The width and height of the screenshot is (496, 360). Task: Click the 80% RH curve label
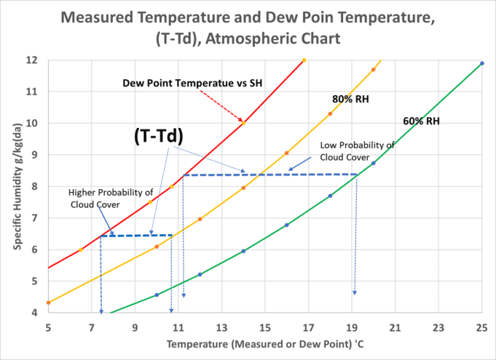pyautogui.click(x=350, y=99)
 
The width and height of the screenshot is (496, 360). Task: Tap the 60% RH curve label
pyautogui.click(x=421, y=121)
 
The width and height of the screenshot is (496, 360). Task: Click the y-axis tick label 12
pyautogui.click(x=32, y=60)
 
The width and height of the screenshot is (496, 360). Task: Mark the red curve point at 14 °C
pyautogui.click(x=243, y=123)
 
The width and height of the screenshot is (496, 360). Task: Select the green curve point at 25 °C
pyautogui.click(x=482, y=63)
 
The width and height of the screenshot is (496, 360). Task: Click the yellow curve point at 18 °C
pyautogui.click(x=330, y=114)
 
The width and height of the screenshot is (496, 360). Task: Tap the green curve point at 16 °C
pyautogui.click(x=287, y=224)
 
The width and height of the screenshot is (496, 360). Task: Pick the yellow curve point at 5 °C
pyautogui.click(x=48, y=302)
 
